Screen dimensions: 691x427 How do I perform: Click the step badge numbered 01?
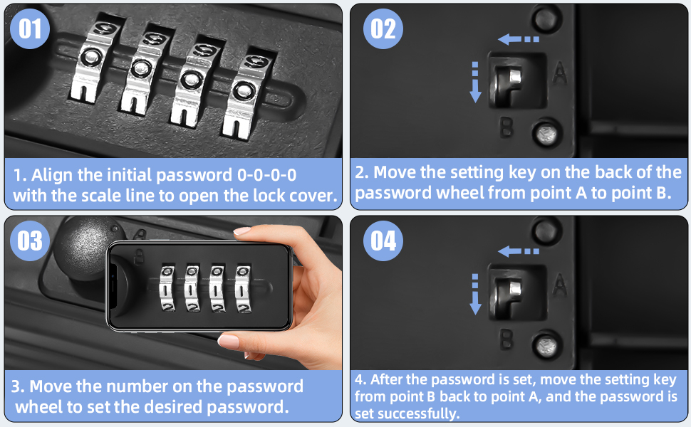[x=29, y=28]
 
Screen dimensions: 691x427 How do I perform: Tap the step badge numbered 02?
[x=383, y=28]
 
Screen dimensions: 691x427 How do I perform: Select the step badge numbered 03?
[x=29, y=241]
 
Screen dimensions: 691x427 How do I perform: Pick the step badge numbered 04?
[x=383, y=241]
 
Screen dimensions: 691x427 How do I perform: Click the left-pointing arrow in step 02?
[x=519, y=39]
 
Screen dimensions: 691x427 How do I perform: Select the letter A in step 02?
[x=559, y=73]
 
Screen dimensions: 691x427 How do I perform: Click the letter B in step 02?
[x=506, y=127]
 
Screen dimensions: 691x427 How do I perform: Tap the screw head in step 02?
[x=547, y=133]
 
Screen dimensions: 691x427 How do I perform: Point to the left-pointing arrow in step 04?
[x=519, y=251]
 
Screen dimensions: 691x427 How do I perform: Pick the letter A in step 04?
[x=559, y=285]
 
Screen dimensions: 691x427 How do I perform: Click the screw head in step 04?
[x=547, y=346]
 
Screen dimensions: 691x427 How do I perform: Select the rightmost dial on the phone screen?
[x=243, y=289]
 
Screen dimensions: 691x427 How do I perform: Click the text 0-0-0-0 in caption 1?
[x=266, y=175]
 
